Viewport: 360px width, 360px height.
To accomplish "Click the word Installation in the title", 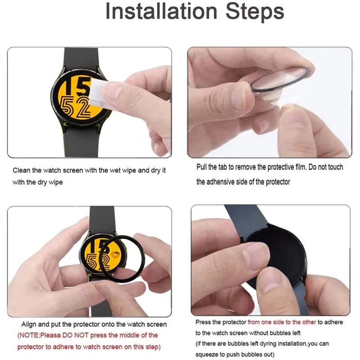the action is tap(161, 12).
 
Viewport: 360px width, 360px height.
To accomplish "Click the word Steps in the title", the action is tap(255, 12).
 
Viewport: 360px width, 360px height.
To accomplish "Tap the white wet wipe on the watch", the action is tap(98, 92).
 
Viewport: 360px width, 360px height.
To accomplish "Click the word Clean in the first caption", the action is tap(22, 171).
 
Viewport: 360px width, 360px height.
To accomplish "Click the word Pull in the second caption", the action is tap(201, 167).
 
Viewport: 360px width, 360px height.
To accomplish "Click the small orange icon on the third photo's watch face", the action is tap(115, 254).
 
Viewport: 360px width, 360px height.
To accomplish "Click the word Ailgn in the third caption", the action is tap(29, 324).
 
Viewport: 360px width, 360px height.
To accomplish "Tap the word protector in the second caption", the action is tap(278, 182).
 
